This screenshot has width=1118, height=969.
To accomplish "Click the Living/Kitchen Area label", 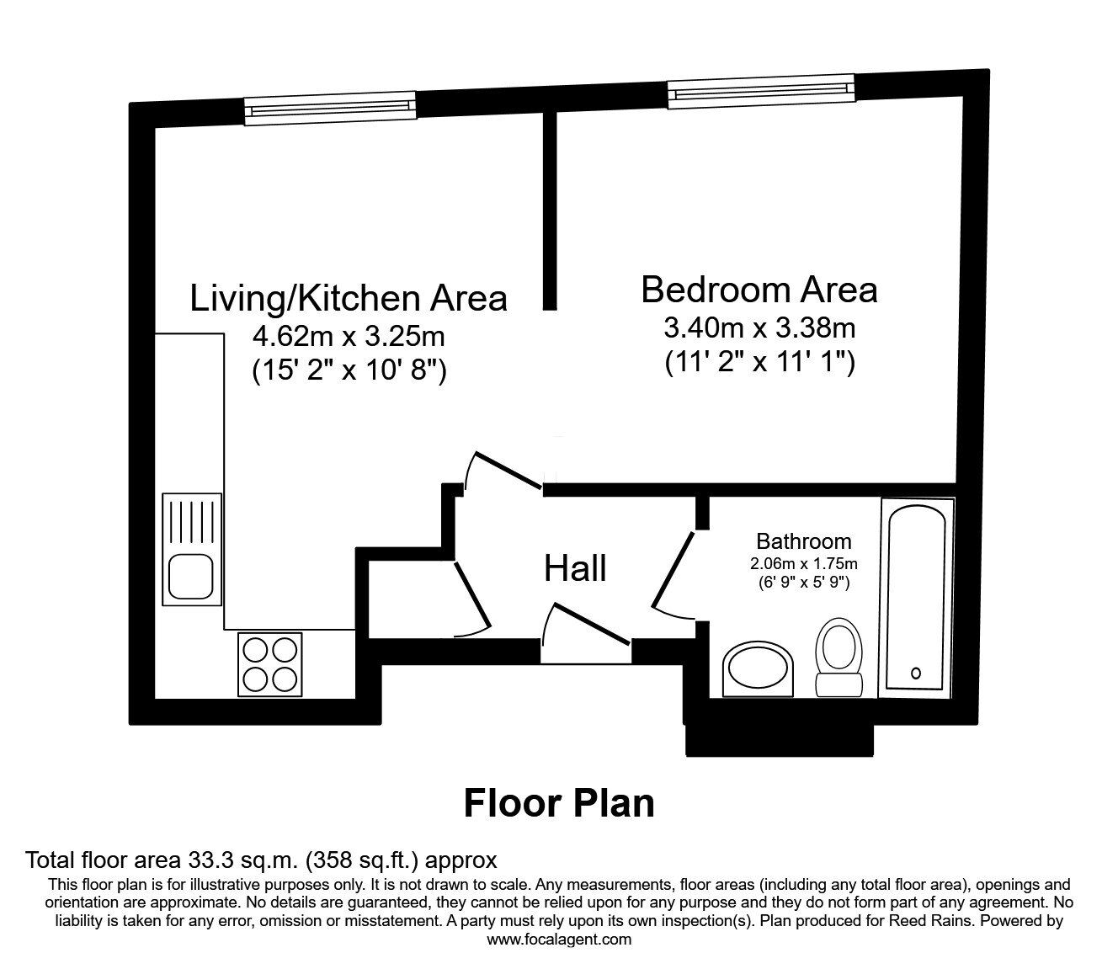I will point(349,299).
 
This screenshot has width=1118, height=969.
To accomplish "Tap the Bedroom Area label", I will point(759,290).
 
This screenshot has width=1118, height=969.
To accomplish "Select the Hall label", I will point(575,569).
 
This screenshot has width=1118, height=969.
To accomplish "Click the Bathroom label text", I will point(803,541).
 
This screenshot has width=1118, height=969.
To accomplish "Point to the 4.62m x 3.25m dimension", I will point(349,337).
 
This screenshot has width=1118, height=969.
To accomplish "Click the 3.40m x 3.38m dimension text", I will point(759,327).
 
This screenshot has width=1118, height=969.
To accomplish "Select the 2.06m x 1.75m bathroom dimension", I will point(803,563).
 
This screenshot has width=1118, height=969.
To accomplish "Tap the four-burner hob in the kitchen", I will point(269,663).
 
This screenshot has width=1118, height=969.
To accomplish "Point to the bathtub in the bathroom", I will point(917,598).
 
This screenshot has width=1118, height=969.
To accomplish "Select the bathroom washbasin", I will point(758,672).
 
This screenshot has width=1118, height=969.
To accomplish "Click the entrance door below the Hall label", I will point(586,630).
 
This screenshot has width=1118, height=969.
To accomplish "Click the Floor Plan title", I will point(559,803).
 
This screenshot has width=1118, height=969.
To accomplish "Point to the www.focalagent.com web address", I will point(559,940).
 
